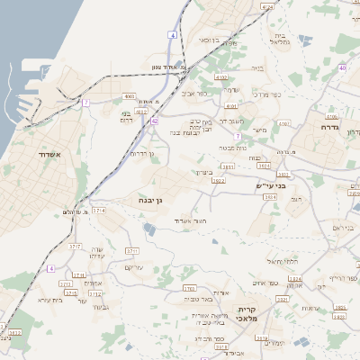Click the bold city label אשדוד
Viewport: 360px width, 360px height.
[48, 155]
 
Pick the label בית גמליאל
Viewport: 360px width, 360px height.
[281, 40]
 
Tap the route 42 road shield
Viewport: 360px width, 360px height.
[155, 120]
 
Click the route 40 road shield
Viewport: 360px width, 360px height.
[342, 67]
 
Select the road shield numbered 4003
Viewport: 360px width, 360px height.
[129, 96]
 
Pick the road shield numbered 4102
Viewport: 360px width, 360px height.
[221, 78]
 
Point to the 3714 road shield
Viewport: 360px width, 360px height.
[98, 210]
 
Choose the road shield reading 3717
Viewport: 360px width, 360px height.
[75, 245]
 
